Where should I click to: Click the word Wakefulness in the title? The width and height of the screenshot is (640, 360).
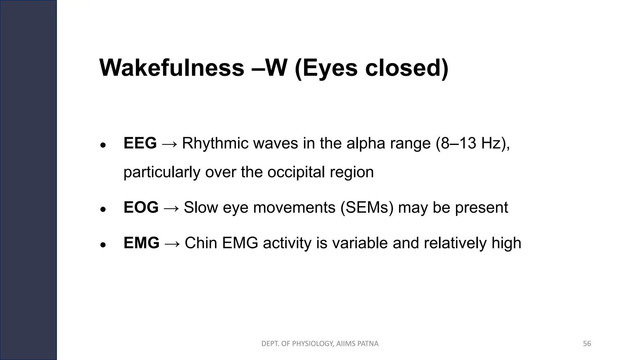click(172, 68)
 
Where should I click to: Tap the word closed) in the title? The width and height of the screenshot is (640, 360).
click(407, 68)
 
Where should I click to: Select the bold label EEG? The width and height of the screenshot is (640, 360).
click(140, 143)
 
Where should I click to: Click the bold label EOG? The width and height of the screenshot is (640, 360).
click(141, 207)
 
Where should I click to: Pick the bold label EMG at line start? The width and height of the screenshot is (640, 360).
click(141, 243)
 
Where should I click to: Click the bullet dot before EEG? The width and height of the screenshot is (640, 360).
click(102, 145)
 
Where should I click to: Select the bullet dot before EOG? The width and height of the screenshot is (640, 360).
click(102, 209)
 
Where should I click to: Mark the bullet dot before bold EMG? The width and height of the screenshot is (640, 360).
click(102, 245)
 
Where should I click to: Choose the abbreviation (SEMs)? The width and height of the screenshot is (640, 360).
click(367, 207)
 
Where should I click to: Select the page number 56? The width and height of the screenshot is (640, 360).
click(587, 344)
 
